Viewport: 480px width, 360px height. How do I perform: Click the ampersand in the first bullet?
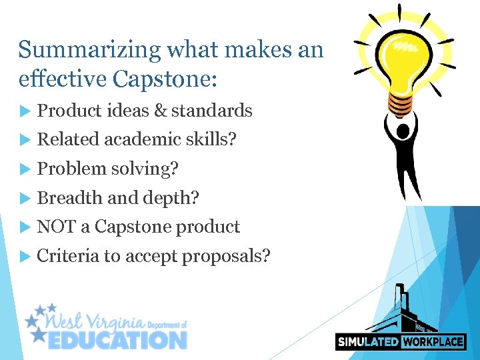pyautogui.click(x=160, y=111)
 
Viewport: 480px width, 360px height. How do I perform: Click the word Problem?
pyautogui.click(x=72, y=169)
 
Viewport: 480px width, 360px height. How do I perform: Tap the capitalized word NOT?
pyautogui.click(x=57, y=227)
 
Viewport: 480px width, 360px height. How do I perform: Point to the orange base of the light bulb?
pyautogui.click(x=400, y=103)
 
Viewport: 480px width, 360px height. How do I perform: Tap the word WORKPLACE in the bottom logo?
pyautogui.click(x=432, y=342)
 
